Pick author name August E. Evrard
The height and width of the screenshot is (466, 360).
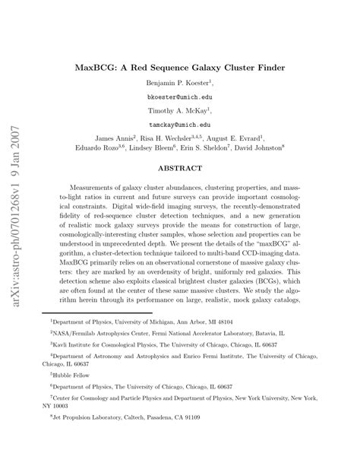point(254,138)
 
